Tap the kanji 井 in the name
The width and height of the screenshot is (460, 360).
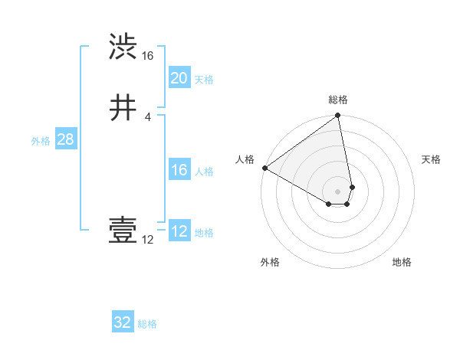pos(123,108)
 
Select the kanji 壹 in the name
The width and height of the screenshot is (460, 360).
pos(123,231)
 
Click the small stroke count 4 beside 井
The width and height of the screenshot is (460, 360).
pos(147,117)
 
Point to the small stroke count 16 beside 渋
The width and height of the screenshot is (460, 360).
pos(147,56)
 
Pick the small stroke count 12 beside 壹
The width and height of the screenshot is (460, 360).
pos(147,240)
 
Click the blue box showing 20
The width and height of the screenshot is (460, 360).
pos(179,78)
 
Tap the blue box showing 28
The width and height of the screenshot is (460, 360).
pos(65,139)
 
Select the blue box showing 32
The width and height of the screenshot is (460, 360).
pos(123,322)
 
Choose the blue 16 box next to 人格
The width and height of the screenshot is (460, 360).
pos(179,170)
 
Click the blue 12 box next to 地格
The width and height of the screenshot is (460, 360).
pos(179,231)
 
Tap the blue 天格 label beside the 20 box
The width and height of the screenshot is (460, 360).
pos(204,80)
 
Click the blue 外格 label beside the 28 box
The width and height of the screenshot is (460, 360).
pos(41,141)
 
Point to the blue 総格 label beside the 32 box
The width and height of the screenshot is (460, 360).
pos(147,324)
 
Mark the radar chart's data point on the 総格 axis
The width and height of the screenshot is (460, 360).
pos(338,116)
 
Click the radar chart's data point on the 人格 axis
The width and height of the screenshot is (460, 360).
pos(264,168)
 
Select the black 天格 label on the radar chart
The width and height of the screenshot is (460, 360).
pos(431,159)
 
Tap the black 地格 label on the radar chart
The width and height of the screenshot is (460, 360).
pos(402,262)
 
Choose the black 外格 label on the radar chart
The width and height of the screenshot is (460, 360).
pos(270,262)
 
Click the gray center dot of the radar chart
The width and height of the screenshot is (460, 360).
pos(338,191)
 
